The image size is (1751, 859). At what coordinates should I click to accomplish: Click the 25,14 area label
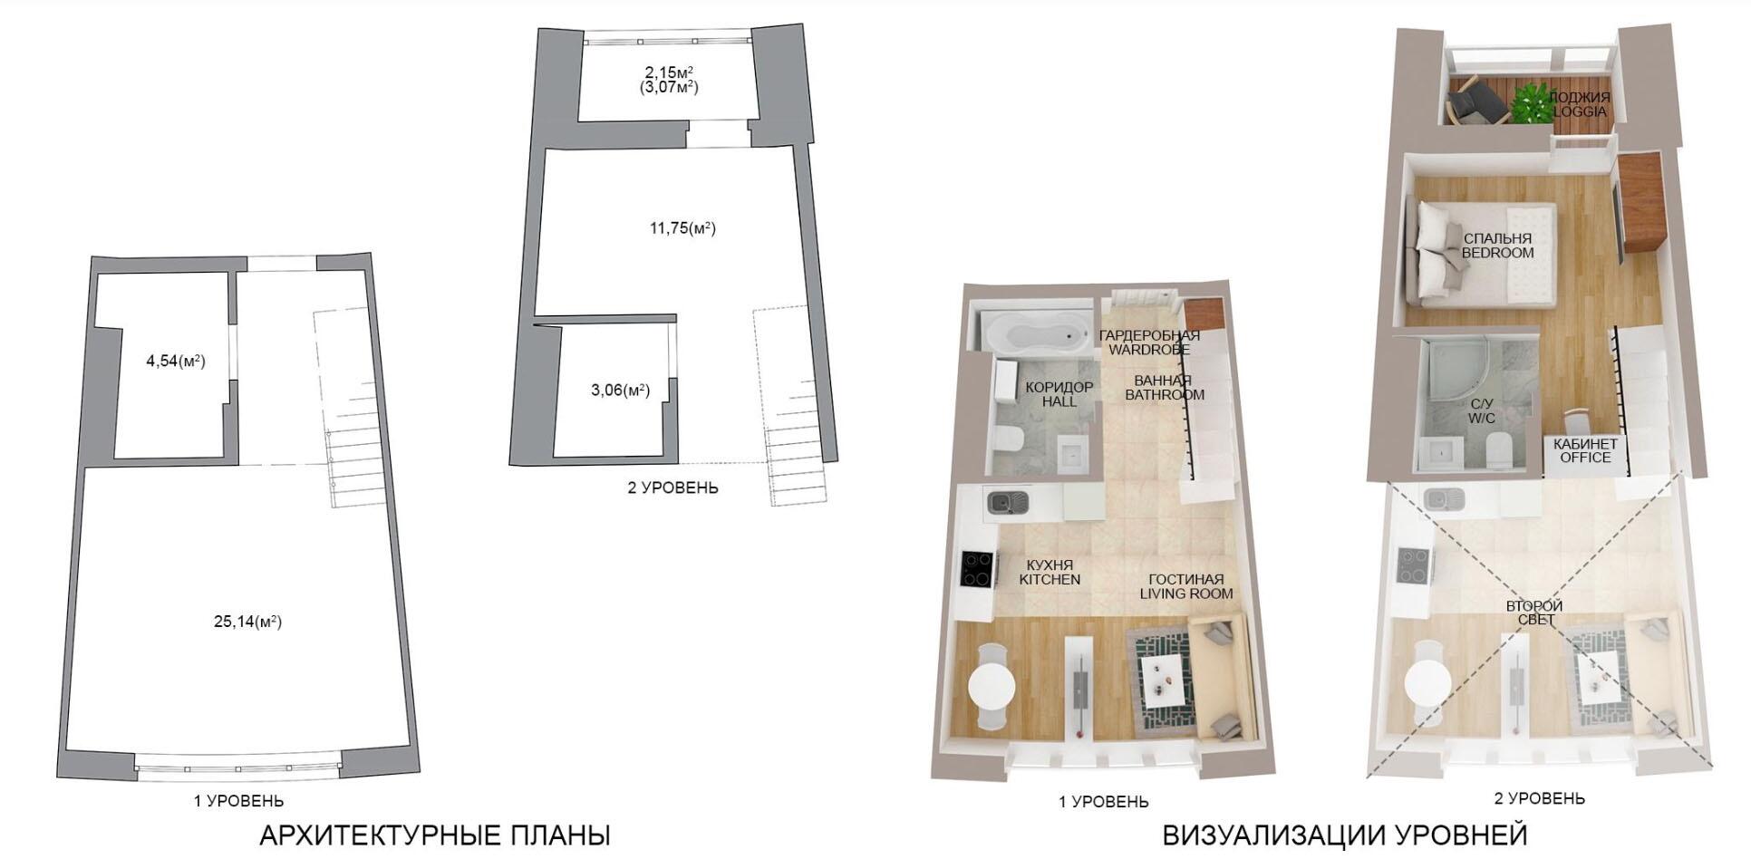tap(247, 622)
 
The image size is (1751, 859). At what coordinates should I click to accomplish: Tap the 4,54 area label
tap(176, 361)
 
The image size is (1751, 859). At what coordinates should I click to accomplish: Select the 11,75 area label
tap(682, 228)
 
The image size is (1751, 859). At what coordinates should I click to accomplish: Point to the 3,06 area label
tap(621, 390)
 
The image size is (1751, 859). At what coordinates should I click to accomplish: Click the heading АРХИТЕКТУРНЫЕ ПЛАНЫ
tap(435, 835)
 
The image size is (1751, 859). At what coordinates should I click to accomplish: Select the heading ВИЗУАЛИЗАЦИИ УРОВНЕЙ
tap(1345, 835)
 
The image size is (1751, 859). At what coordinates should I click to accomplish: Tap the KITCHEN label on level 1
tap(1050, 579)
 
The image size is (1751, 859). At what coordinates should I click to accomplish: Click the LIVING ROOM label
tap(1186, 594)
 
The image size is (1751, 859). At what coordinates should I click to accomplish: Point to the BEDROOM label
tap(1497, 253)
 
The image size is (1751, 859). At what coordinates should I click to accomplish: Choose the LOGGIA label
tap(1580, 111)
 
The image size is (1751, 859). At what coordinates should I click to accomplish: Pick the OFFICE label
tap(1585, 458)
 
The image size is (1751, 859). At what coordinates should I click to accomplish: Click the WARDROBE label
tap(1149, 350)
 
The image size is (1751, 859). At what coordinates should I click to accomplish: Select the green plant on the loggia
tap(1531, 101)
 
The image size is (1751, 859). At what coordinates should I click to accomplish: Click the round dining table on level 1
tap(992, 686)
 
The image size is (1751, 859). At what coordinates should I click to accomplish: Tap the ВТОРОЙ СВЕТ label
tap(1535, 613)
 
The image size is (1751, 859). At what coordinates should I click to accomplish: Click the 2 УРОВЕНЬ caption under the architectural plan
tap(672, 487)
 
